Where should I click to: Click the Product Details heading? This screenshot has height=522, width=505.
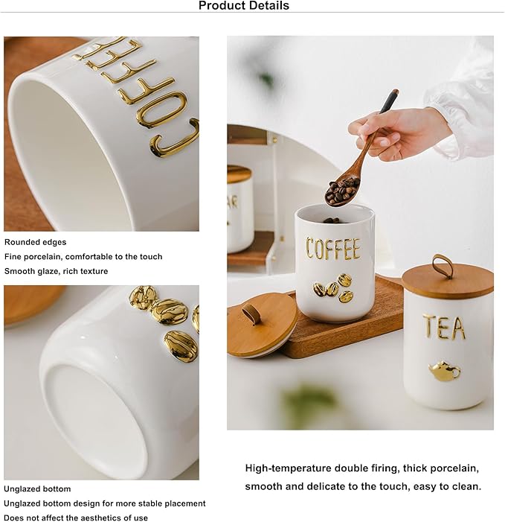244,6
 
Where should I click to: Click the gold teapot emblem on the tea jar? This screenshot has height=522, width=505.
444,370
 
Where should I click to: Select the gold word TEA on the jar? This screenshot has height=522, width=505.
444,327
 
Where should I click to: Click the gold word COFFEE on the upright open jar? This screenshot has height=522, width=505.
332,249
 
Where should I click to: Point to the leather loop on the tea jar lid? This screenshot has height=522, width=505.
442,264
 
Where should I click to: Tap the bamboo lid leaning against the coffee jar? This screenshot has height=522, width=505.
261,325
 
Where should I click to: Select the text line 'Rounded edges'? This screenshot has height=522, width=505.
35,242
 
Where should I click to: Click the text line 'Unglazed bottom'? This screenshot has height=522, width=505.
37,489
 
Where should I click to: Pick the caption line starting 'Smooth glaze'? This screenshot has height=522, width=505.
56,271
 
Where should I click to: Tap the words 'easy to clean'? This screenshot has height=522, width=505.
444,486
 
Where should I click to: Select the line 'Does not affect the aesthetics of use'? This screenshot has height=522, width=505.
76,518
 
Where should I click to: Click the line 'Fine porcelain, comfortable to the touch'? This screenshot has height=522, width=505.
83,257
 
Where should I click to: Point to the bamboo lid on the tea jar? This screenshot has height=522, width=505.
447,281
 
